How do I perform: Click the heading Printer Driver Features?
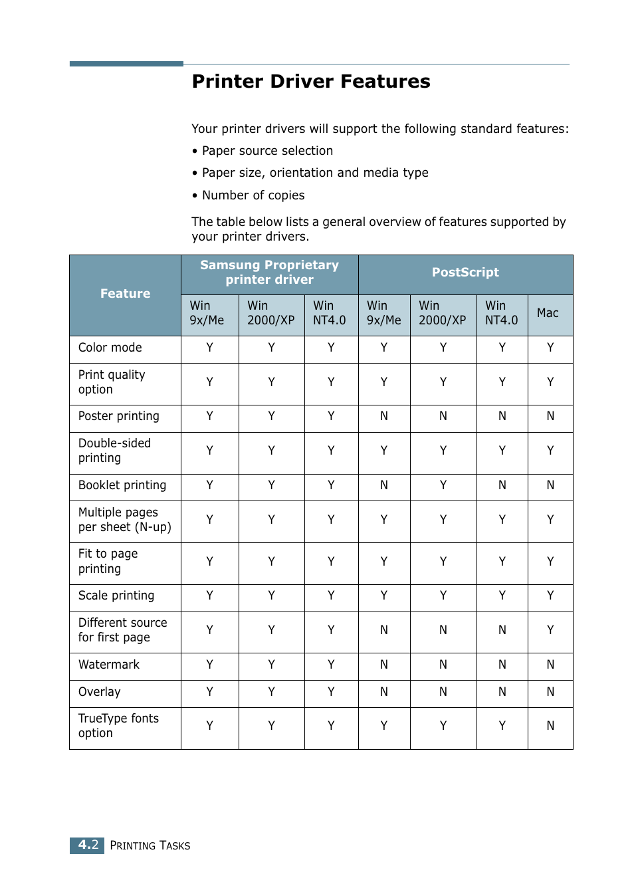(311, 81)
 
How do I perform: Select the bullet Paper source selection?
(266, 151)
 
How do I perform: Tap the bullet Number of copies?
(253, 195)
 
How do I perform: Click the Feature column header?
(125, 294)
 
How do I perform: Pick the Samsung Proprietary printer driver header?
(269, 273)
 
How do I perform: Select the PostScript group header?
(465, 273)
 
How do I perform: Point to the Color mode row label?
(110, 348)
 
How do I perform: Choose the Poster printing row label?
(119, 416)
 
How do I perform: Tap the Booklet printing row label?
(122, 485)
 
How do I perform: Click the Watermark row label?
(109, 665)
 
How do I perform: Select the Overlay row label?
(100, 692)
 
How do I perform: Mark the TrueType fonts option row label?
(118, 726)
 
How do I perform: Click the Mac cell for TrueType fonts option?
(550, 726)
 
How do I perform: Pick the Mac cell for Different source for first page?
(550, 630)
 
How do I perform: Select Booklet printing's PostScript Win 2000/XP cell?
(443, 485)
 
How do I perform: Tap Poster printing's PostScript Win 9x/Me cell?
(384, 416)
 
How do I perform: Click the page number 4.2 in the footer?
(88, 845)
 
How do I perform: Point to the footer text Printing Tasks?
(150, 845)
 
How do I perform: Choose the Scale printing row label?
(116, 596)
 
